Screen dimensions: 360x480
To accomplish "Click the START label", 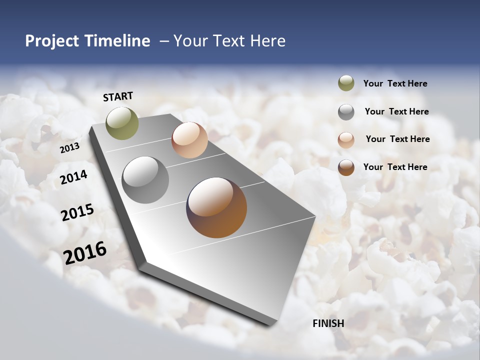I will tap(118, 96).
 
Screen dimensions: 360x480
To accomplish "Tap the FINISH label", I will tap(328, 323).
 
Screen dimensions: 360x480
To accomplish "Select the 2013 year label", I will tap(69, 148).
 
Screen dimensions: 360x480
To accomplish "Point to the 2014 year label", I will tap(73, 177).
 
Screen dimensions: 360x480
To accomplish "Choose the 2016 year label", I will tap(85, 252).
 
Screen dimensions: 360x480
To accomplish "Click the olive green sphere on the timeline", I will tap(122, 123).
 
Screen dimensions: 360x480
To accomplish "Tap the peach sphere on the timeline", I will tap(189, 140).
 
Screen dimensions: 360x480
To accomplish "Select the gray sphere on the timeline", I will tap(145, 180).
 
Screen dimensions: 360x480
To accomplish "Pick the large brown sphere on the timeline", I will tap(216, 207).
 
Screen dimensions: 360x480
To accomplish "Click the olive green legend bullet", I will tap(346, 83).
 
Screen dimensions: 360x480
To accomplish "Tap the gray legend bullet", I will tap(346, 112).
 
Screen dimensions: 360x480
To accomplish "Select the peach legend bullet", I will tap(346, 139).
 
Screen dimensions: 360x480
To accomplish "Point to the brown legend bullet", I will tap(346, 167).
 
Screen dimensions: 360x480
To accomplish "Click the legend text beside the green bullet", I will tap(395, 84).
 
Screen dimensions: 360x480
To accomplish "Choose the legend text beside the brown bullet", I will tap(395, 167).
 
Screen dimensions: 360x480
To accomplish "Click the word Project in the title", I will tap(52, 41).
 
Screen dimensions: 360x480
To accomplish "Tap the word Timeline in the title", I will tap(117, 41).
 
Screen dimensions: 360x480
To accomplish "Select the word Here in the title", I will tap(267, 41).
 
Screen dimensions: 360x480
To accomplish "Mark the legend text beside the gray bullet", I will tap(396, 111).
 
